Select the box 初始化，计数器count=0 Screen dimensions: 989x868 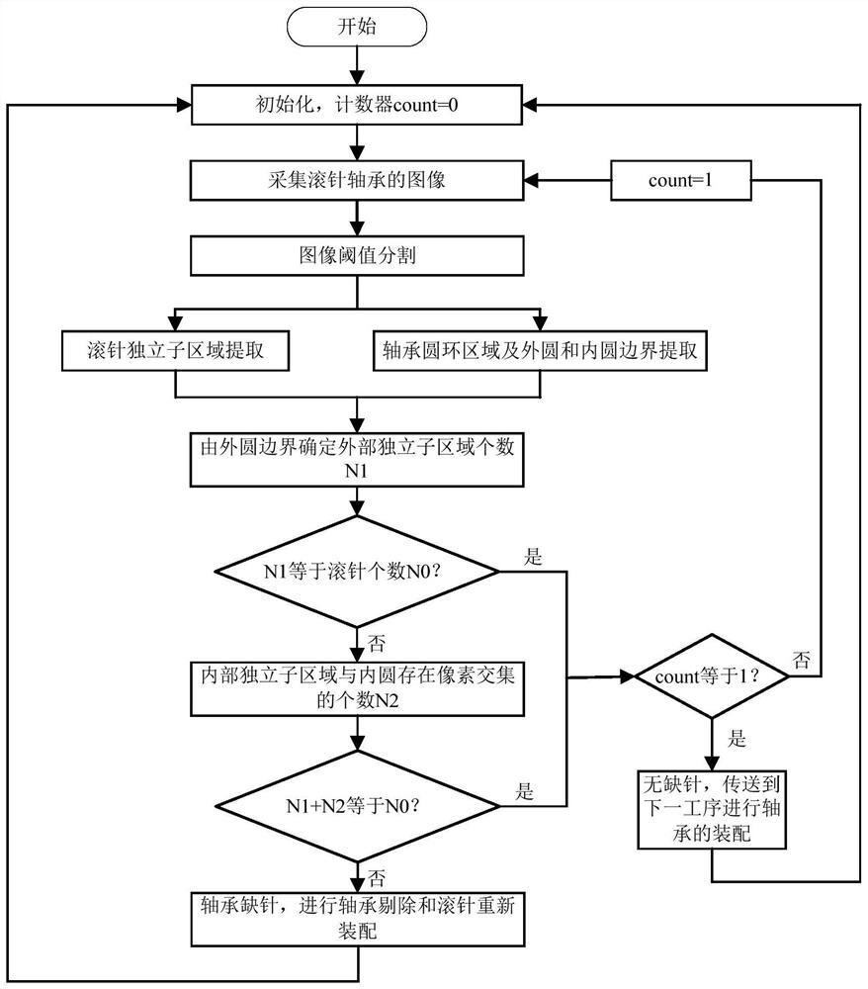coord(356,104)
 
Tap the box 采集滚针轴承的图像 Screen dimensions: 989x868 coord(356,181)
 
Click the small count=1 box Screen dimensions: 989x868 coord(681,181)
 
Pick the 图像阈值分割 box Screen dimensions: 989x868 coord(356,256)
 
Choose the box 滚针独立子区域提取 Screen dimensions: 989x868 coord(174,349)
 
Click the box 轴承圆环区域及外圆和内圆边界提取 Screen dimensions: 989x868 coord(540,349)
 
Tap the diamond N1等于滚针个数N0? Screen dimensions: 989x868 coord(356,571)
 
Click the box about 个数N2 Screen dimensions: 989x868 coord(356,688)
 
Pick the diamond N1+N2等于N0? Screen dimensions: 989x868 coord(356,804)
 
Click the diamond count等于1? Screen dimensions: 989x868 coord(712,677)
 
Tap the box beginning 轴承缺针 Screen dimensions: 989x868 coord(356,918)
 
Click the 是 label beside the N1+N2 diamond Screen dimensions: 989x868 coord(525,790)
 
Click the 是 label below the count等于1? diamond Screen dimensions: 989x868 coord(738,738)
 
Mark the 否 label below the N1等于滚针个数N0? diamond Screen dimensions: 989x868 coord(377,644)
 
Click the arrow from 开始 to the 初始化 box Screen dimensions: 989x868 coord(356,64)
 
